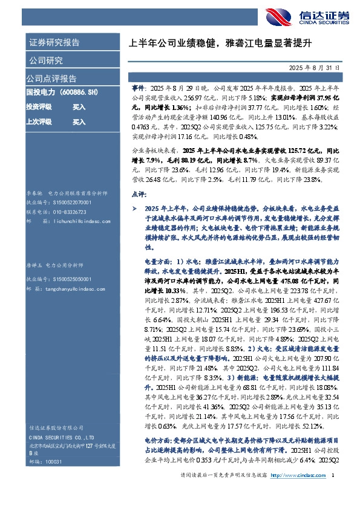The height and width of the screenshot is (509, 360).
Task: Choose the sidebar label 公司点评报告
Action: tap(51, 79)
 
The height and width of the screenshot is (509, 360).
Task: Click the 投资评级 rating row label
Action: tap(38, 107)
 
